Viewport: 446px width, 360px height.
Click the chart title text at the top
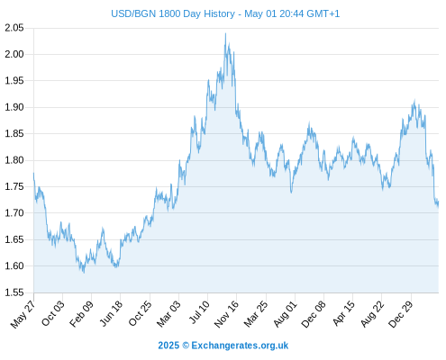225,13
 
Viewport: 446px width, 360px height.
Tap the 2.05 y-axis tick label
14,28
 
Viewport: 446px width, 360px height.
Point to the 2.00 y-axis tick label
14,54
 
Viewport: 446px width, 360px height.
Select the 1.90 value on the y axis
14,107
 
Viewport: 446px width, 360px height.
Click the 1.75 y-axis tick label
14,186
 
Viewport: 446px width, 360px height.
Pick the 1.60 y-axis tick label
14,265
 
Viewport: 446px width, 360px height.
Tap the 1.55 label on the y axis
14,292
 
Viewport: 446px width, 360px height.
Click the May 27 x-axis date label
23,314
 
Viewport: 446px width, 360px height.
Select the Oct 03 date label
53,313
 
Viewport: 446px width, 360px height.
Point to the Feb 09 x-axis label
81,314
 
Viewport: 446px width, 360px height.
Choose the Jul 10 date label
199,312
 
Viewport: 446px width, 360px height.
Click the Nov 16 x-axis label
226,314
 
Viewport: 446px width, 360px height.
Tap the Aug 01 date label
286,314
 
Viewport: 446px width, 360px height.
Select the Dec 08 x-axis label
314,314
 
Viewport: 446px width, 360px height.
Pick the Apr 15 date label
343,313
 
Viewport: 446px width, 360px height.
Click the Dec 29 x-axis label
401,314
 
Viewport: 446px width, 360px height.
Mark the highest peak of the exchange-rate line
225,33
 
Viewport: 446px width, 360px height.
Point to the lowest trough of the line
84,273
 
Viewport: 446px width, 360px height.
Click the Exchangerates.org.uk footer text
240,346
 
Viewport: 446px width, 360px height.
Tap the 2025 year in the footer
168,346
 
